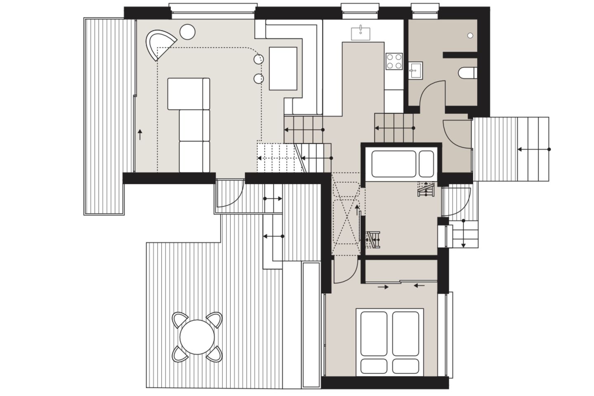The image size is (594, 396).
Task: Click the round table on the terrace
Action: [197, 337]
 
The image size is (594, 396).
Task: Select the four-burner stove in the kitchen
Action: [394, 61]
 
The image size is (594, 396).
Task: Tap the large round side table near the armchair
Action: [187, 31]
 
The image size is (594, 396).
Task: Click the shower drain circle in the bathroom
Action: [470, 36]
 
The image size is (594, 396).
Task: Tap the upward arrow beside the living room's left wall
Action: [140, 134]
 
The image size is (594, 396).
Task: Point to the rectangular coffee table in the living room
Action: [283, 68]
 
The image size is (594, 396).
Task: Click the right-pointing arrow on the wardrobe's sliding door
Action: [383, 287]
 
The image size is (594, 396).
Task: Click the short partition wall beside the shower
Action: [460, 54]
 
